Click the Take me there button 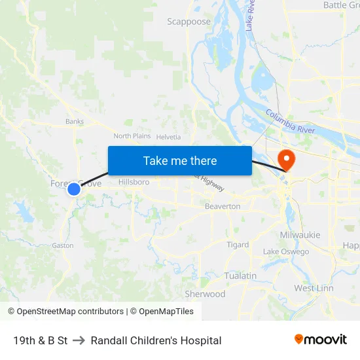point(180,160)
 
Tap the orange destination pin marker point(287,160)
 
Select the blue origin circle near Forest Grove point(74,189)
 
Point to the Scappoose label point(189,22)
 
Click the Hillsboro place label point(134,182)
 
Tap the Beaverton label point(224,206)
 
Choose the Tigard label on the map point(238,245)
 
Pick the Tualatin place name point(240,276)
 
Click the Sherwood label point(205,294)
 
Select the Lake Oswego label point(285,252)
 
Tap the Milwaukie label point(300,235)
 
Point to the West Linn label point(314,288)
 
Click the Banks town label point(75,121)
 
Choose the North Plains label point(132,136)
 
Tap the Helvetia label point(168,136)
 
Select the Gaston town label point(63,245)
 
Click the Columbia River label point(290,121)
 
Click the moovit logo point(320,340)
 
